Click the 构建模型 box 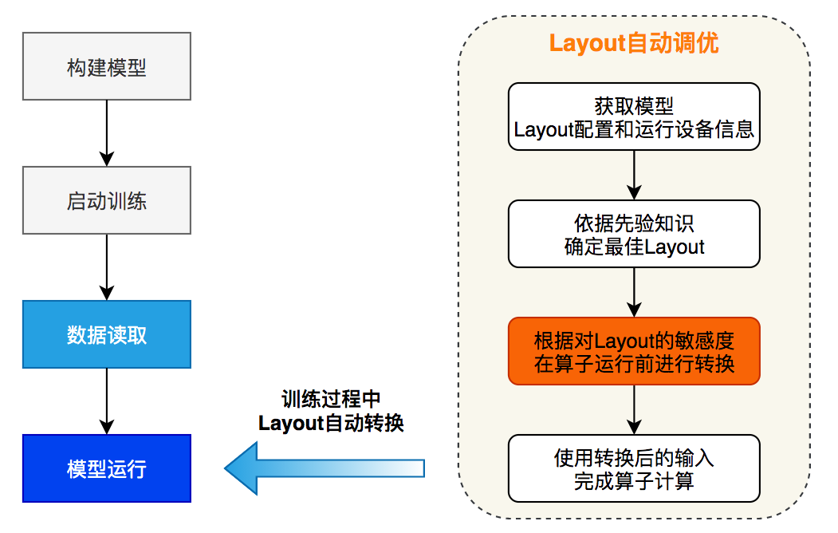coord(107,66)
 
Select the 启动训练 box coord(107,200)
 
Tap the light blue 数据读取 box coord(107,334)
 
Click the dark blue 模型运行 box coord(107,468)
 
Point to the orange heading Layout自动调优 coord(634,43)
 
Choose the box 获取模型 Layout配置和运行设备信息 coord(634,116)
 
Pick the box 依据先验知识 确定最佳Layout coord(634,234)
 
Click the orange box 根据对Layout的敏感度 coord(634,351)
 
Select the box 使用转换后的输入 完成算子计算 coord(634,468)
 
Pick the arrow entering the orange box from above coord(634,292)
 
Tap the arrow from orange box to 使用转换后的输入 coord(634,409)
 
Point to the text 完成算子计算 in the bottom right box coord(634,481)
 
